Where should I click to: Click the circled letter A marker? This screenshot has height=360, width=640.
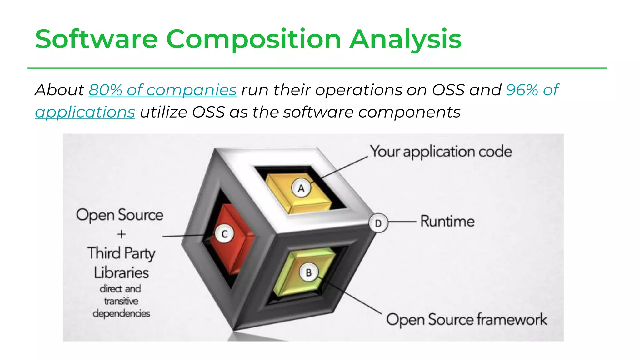(301, 188)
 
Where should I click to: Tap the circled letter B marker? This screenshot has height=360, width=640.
(309, 272)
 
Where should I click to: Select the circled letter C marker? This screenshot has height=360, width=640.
(224, 234)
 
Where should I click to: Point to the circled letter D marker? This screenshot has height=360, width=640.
(378, 223)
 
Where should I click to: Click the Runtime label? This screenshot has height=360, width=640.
(447, 221)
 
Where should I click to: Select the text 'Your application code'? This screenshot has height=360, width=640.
(441, 152)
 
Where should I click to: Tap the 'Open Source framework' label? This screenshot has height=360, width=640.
(466, 320)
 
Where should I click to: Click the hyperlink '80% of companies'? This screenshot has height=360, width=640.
(162, 90)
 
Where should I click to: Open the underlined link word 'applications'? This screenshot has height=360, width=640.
(85, 112)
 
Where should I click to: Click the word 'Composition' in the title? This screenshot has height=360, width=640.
(253, 39)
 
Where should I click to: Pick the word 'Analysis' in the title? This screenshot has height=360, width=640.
(405, 39)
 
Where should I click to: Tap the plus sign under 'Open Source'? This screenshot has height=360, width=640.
(122, 234)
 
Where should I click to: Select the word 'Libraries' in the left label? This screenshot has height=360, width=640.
(121, 272)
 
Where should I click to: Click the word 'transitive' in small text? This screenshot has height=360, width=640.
(121, 301)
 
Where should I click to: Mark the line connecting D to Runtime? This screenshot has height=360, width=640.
(402, 222)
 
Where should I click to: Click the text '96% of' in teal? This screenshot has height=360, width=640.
(532, 90)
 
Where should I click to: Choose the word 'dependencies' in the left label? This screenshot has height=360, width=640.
(121, 313)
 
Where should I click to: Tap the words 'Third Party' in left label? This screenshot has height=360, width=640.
(121, 253)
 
